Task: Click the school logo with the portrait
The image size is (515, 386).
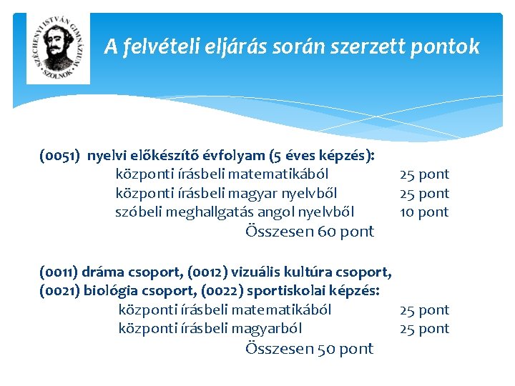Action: pyautogui.click(x=59, y=48)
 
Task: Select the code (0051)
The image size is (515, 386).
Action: pyautogui.click(x=60, y=155)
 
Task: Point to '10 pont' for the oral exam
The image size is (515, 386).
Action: pyautogui.click(x=424, y=212)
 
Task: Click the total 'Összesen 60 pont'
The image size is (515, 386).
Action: pyautogui.click(x=309, y=231)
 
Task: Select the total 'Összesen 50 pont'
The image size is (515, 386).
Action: pyautogui.click(x=309, y=348)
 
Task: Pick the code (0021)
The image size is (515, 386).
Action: pyautogui.click(x=60, y=291)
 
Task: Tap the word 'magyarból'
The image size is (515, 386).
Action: pyautogui.click(x=269, y=328)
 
